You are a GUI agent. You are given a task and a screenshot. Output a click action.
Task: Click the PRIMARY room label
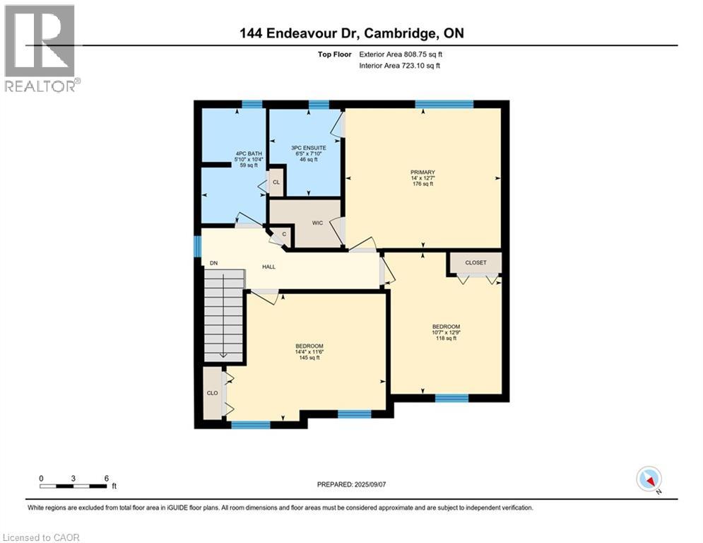pos(423,172)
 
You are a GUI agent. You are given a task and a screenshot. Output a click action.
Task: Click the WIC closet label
pos(318,223)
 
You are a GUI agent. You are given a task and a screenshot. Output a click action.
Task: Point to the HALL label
pos(268,267)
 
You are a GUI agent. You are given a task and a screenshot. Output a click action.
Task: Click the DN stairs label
pos(213,263)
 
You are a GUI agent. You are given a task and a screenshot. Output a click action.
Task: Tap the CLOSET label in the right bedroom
pos(475,262)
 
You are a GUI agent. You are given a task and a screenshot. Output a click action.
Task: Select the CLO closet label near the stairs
pos(212,392)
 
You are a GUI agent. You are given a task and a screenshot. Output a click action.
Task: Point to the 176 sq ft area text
pos(423,184)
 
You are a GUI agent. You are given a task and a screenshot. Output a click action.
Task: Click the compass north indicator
pos(649,479)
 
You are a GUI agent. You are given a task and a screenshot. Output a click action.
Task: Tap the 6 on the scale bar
pos(106,478)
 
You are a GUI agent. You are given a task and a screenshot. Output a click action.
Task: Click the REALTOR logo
pos(41,48)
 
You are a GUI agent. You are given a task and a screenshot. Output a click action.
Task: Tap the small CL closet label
pos(276,182)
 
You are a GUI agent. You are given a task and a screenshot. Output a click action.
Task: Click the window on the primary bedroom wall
pos(444,105)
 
